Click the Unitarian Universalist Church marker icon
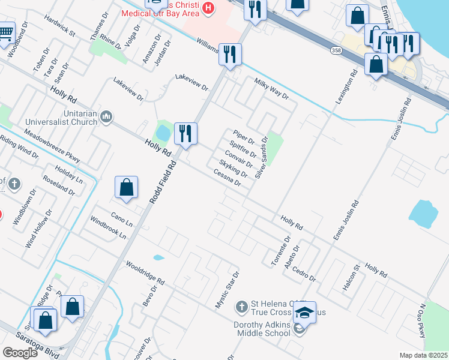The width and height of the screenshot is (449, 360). click(106, 115)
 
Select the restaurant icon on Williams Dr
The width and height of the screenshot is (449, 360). click(230, 54)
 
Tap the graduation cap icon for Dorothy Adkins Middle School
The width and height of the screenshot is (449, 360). click(305, 313)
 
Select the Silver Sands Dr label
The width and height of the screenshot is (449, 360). click(261, 157)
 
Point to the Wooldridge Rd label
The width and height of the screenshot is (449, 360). click(145, 272)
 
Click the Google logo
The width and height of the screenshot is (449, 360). click(20, 353)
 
